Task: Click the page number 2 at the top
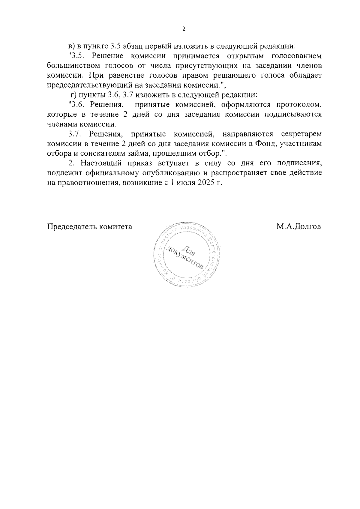184,29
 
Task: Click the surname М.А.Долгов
298,227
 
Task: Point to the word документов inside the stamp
186,259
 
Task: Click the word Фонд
266,144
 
